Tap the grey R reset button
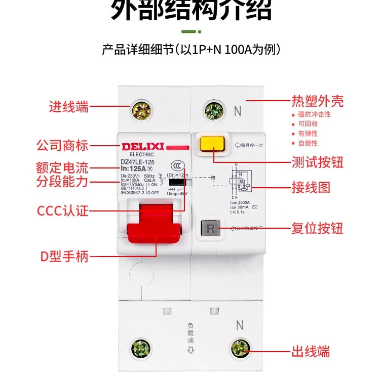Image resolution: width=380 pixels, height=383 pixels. click(211, 229)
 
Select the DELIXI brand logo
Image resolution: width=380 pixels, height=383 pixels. click(142, 147)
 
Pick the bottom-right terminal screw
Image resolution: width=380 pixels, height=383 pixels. click(239, 348)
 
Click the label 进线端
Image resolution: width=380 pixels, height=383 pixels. click(68, 107)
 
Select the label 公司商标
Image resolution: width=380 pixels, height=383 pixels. click(62, 146)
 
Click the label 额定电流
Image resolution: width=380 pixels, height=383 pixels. click(62, 167)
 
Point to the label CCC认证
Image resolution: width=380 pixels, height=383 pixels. click(62, 210)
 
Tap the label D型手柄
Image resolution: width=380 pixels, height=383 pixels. click(64, 257)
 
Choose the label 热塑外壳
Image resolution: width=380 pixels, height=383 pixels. click(317, 101)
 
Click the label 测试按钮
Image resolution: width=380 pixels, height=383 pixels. click(318, 162)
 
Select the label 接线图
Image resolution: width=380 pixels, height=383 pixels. click(311, 188)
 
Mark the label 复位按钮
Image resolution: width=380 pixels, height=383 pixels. click(317, 228)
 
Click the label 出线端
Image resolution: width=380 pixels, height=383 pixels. click(311, 351)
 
